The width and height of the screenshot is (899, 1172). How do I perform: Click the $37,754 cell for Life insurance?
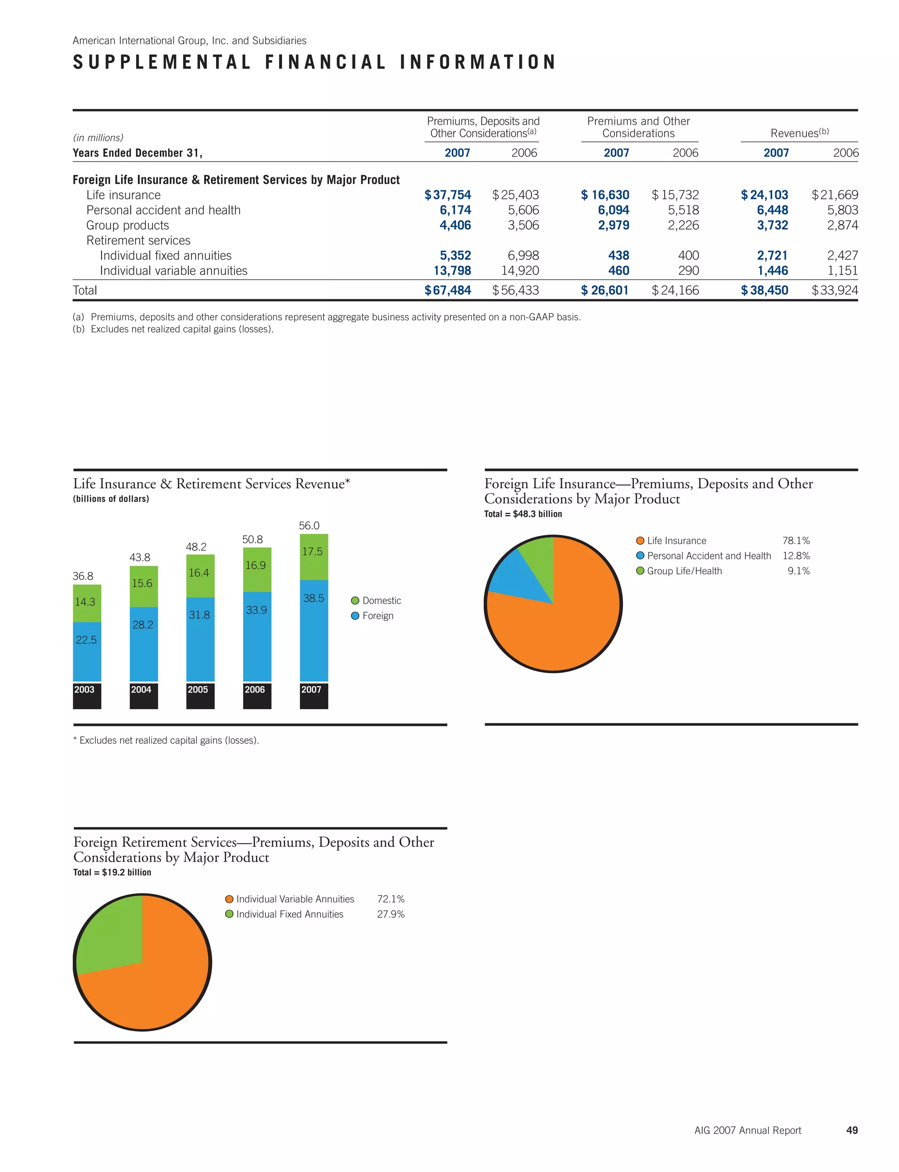(x=448, y=195)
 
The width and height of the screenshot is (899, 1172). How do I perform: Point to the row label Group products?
(x=127, y=225)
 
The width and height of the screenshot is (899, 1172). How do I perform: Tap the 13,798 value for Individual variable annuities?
(x=452, y=271)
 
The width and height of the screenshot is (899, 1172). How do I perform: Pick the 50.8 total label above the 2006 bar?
(x=252, y=539)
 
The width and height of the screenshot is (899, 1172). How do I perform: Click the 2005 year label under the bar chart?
(x=198, y=690)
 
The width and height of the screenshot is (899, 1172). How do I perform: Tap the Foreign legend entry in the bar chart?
(x=377, y=616)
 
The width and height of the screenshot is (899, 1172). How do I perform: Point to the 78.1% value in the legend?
(x=796, y=541)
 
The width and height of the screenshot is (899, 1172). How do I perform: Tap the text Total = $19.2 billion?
(x=112, y=873)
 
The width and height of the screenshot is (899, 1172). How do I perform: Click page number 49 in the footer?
(x=852, y=1130)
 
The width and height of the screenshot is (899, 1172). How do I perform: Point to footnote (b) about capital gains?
(x=173, y=329)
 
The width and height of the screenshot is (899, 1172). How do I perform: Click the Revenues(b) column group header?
(x=799, y=133)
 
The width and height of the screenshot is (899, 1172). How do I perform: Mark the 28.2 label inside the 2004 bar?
(x=143, y=624)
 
